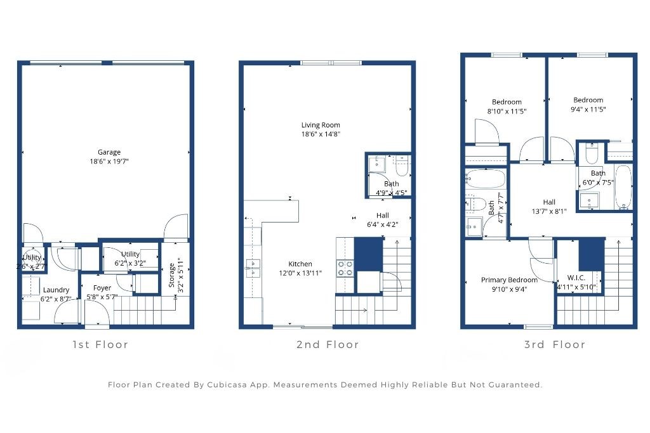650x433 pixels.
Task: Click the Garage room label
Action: point(109,152)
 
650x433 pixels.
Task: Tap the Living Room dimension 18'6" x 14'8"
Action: point(321,134)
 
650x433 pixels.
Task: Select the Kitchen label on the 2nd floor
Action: point(300,264)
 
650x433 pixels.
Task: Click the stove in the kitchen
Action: point(345,268)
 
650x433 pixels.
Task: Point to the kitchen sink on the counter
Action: point(251,268)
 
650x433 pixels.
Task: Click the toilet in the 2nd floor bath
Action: point(401,167)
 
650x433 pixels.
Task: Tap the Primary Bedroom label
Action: point(509,280)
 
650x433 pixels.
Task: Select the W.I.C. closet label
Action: point(576,278)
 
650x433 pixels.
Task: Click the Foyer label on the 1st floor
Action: point(102,288)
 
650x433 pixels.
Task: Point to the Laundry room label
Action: point(56,290)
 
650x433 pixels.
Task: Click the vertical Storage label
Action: point(172,275)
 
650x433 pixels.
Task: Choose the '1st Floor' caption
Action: point(100,345)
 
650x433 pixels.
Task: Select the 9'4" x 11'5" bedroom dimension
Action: point(588,109)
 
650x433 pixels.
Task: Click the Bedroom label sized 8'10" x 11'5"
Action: point(507,102)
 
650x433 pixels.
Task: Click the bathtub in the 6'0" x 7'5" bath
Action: point(623,187)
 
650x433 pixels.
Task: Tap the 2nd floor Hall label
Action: point(382,215)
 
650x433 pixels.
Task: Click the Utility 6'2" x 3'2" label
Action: point(130,254)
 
